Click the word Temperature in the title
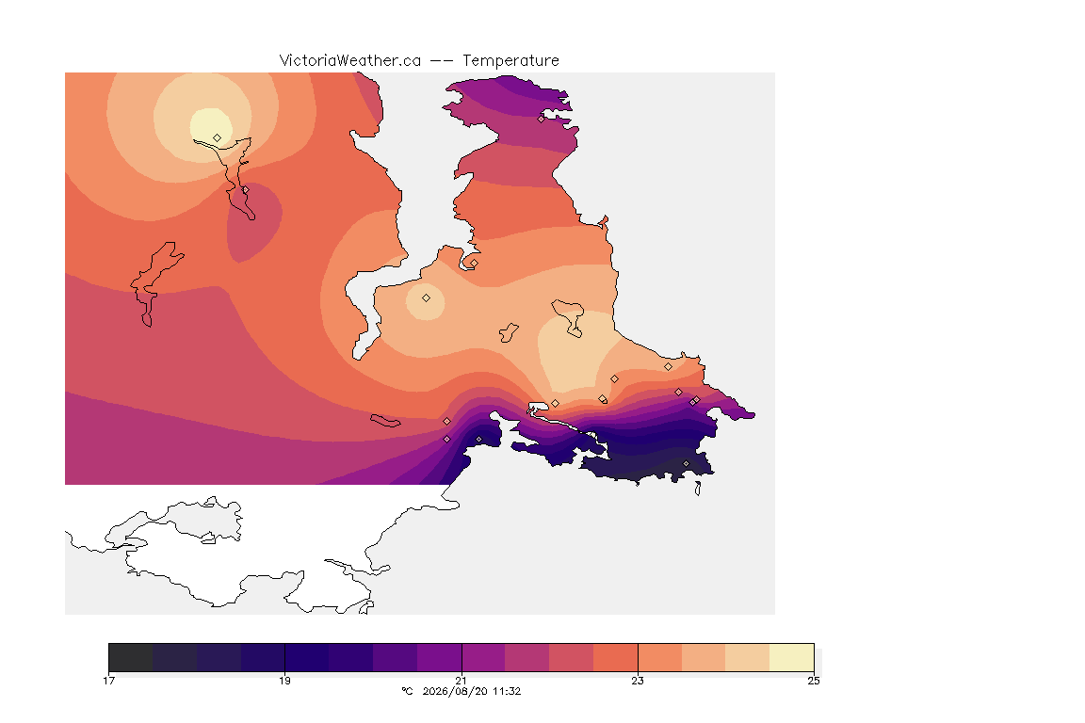coord(510,61)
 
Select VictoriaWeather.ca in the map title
coord(350,61)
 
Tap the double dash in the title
coord(442,61)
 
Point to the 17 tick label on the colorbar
coord(108,681)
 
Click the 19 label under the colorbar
coord(285,681)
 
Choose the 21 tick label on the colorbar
coord(461,681)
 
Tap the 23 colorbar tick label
coord(638,681)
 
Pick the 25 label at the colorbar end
coord(814,681)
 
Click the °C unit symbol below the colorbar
coord(407,691)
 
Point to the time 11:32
coord(507,691)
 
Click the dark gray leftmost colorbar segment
coord(131,657)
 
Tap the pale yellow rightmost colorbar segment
coord(791,657)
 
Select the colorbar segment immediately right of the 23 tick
coord(659,657)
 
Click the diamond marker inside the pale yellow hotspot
coord(218,138)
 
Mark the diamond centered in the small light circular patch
coord(427,298)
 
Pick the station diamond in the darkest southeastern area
coord(686,463)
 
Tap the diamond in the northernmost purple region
coord(542,119)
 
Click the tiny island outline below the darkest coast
coord(698,489)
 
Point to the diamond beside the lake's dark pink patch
coord(245,189)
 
